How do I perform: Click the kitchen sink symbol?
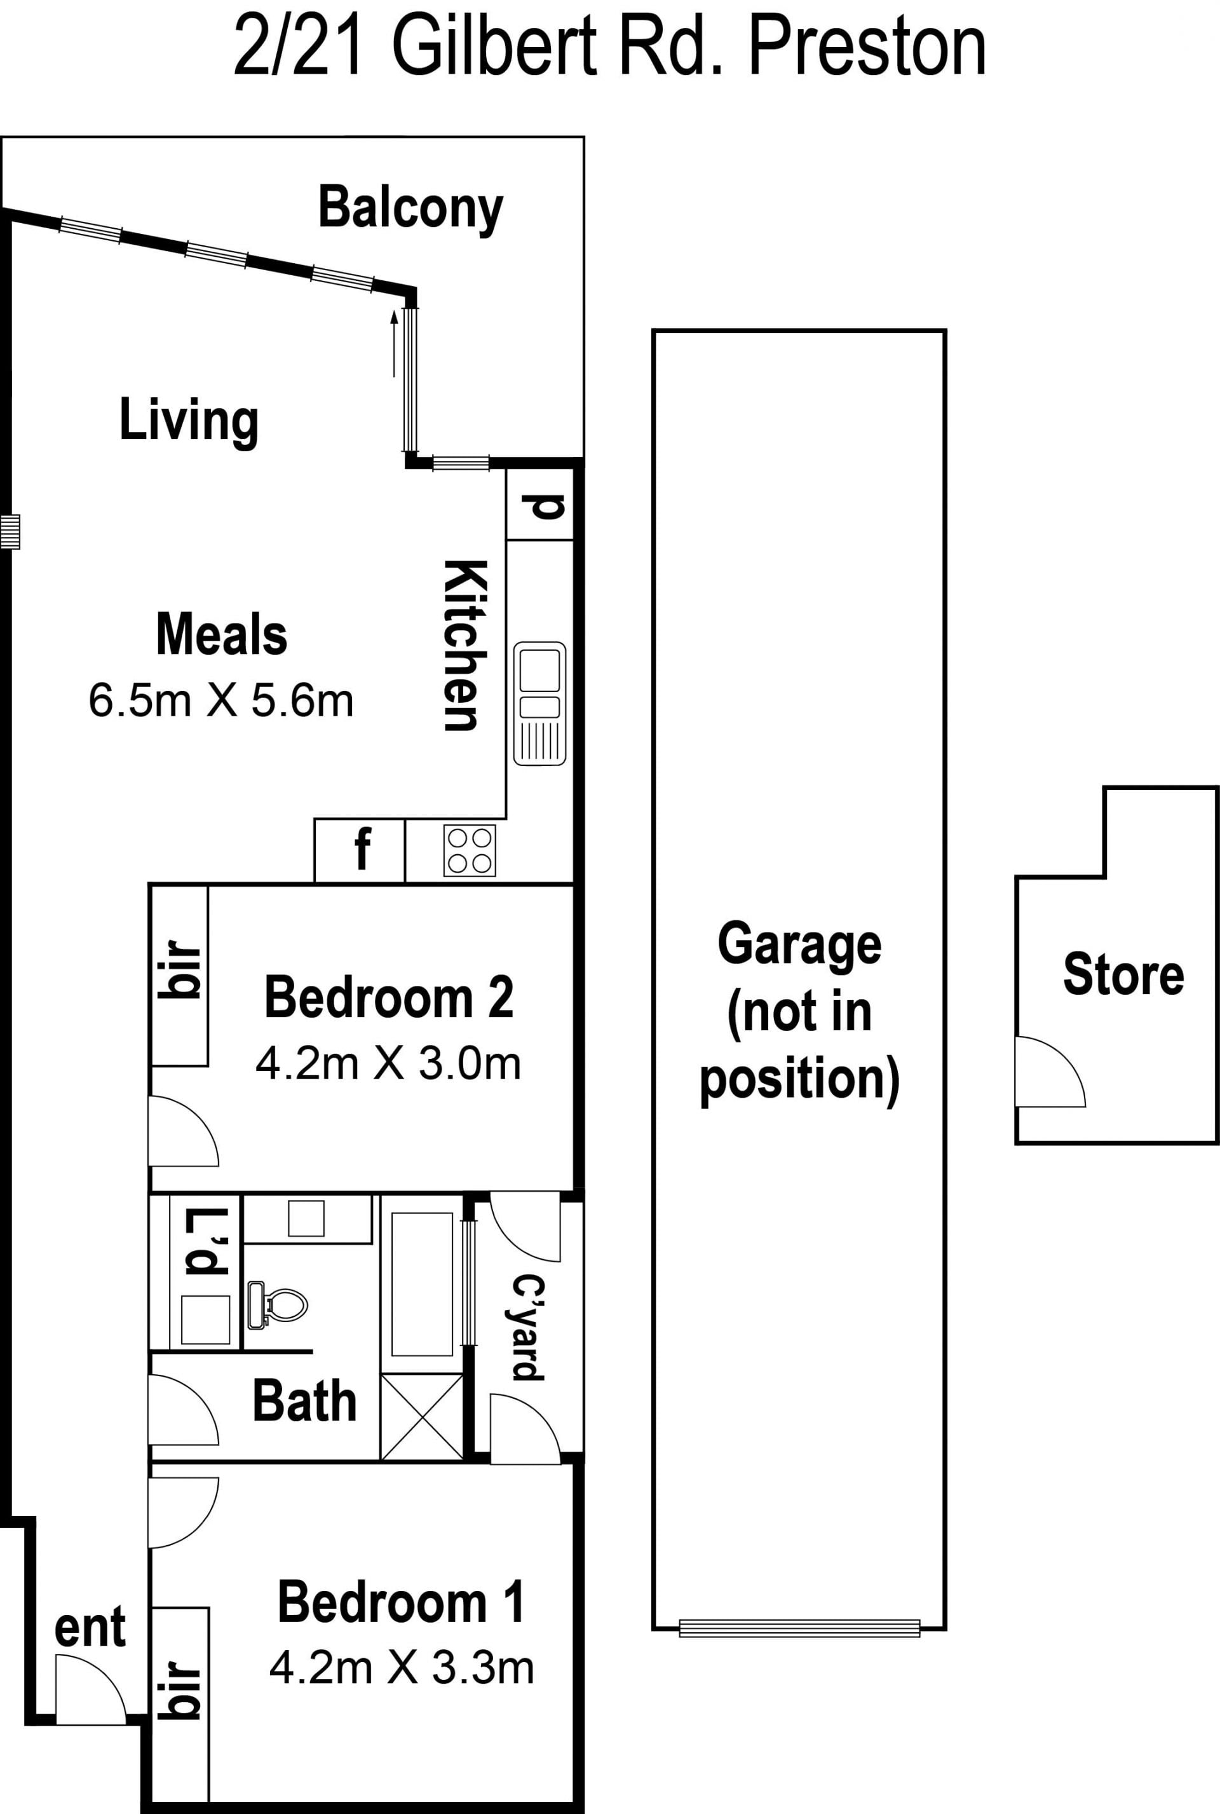(539, 704)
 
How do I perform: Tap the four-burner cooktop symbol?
(469, 850)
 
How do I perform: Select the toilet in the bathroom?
(277, 1304)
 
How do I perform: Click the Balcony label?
(411, 208)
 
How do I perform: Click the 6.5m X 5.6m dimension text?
(221, 700)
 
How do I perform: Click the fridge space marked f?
(360, 850)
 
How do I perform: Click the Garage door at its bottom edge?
(799, 1628)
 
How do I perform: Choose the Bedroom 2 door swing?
(184, 1131)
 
